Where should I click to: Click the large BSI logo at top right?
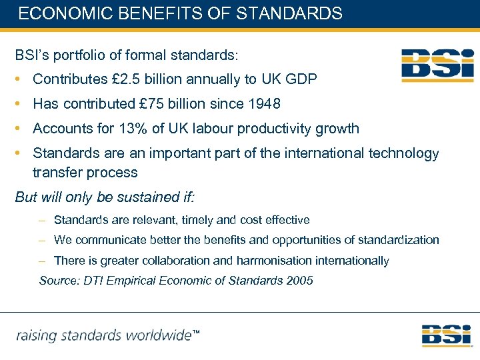437,65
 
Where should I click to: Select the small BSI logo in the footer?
446,335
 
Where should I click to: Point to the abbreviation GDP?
301,79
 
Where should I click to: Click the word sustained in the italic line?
135,197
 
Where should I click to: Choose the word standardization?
399,240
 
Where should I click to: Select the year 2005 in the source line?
299,281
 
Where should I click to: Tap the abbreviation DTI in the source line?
94,281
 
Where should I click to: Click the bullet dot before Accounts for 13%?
20,129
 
